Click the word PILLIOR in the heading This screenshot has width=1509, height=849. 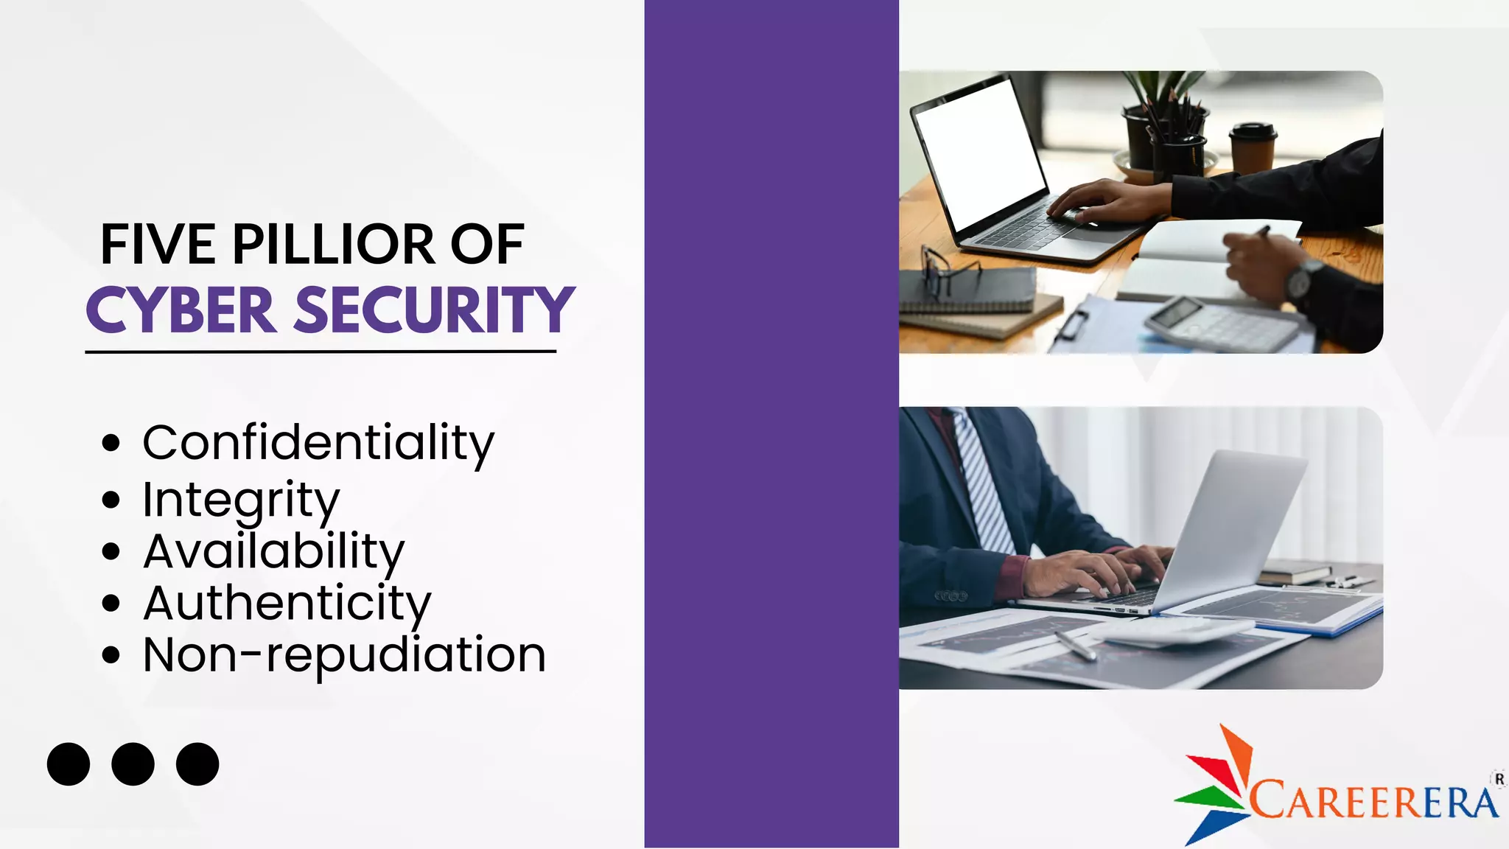[x=333, y=245]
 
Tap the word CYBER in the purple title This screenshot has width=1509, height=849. [x=181, y=310]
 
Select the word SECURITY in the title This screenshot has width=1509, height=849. [x=434, y=310]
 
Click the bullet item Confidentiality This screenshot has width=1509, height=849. [x=318, y=443]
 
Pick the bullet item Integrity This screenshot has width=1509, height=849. [x=241, y=500]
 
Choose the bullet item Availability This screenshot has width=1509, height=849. [x=273, y=551]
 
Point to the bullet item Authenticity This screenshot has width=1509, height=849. [x=287, y=603]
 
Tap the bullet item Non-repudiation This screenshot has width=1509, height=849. [x=344, y=654]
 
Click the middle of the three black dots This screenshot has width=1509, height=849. [x=133, y=764]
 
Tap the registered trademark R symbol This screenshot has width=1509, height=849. [x=1499, y=779]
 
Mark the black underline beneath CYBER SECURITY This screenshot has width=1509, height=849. [x=321, y=352]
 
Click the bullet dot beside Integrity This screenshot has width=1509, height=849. [x=111, y=500]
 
